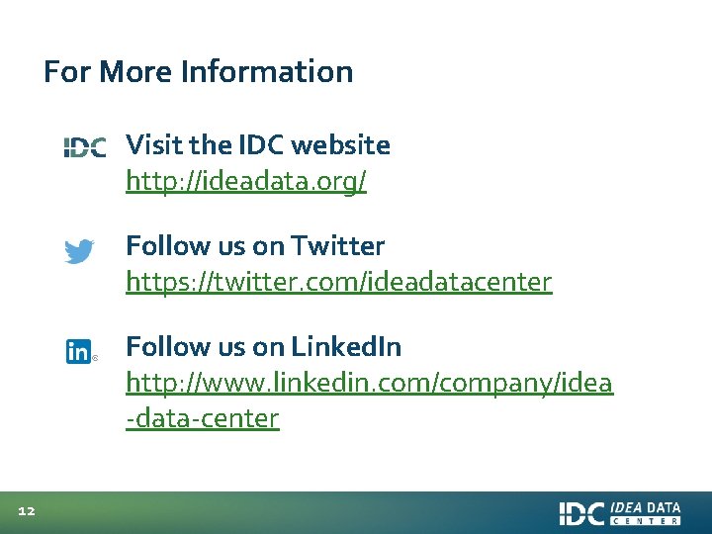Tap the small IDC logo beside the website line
(x=85, y=147)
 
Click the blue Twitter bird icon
(x=79, y=250)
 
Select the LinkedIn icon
(x=78, y=351)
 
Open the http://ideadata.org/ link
(x=246, y=183)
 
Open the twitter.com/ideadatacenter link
(x=338, y=283)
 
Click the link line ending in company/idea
(x=369, y=383)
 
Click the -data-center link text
(x=203, y=418)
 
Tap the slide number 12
(x=27, y=511)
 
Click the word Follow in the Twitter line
(x=157, y=246)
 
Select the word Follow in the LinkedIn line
(x=157, y=347)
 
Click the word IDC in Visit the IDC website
(x=259, y=145)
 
